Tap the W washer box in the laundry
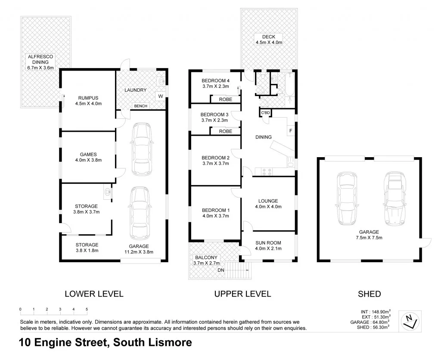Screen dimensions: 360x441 point(160,96)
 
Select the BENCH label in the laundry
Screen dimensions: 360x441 point(140,106)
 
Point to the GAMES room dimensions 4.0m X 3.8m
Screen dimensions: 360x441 point(88,160)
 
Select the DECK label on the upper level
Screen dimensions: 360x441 point(268,37)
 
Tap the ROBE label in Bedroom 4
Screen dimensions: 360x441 point(226,99)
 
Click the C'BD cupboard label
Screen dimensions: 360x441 point(265,113)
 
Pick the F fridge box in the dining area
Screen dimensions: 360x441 point(291,130)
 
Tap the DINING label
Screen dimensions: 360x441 point(263,137)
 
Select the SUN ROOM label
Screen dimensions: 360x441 point(268,243)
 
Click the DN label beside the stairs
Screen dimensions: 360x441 point(221,270)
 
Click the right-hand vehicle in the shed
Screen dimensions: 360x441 point(393,198)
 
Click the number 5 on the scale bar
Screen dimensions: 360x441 point(87,309)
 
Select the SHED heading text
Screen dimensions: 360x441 point(370,294)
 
